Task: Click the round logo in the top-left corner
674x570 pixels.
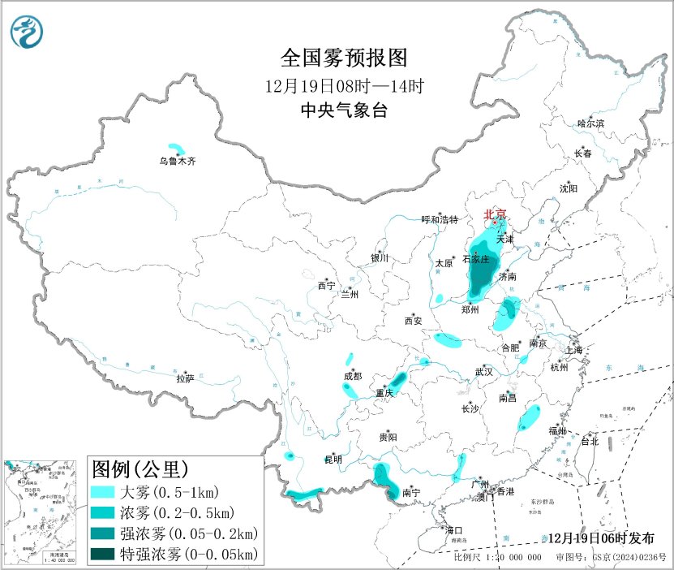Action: (x=28, y=32)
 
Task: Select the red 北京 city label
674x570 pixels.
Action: (x=495, y=214)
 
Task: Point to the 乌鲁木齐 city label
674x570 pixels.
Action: (x=177, y=162)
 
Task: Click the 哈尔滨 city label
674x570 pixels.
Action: (x=590, y=123)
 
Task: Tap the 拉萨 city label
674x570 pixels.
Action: (x=185, y=378)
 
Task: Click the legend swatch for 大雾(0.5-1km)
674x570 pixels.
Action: (x=104, y=492)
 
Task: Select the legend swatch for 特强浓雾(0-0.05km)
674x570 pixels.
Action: (x=104, y=555)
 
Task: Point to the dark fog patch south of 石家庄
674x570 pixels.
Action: (x=480, y=281)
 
